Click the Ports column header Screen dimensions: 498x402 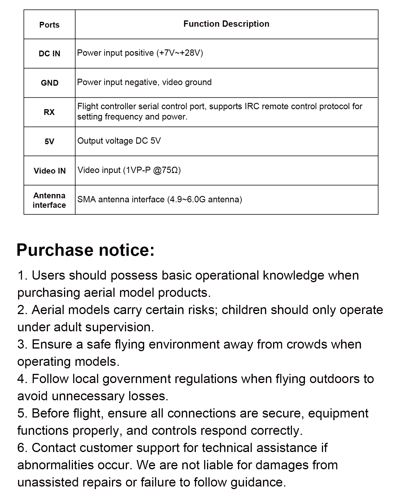[x=49, y=25]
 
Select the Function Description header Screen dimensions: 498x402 [x=226, y=24]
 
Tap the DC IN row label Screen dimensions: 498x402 [x=49, y=54]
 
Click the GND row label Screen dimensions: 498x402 [x=49, y=83]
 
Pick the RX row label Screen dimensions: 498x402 [x=49, y=112]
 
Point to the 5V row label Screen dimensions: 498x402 [x=49, y=141]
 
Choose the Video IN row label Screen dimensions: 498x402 [x=49, y=171]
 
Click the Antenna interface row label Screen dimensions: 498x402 [x=49, y=200]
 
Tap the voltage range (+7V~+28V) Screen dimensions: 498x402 [x=180, y=53]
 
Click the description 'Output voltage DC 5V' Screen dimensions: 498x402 [x=119, y=141]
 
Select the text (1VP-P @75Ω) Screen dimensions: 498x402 [x=152, y=170]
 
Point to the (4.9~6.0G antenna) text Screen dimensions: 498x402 [x=204, y=199]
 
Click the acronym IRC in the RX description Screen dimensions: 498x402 [x=252, y=107]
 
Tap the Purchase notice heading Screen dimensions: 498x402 [x=86, y=250]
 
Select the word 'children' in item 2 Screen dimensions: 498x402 [x=244, y=310]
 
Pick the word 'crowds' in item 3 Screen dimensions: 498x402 [x=307, y=344]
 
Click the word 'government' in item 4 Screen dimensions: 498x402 [x=137, y=379]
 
